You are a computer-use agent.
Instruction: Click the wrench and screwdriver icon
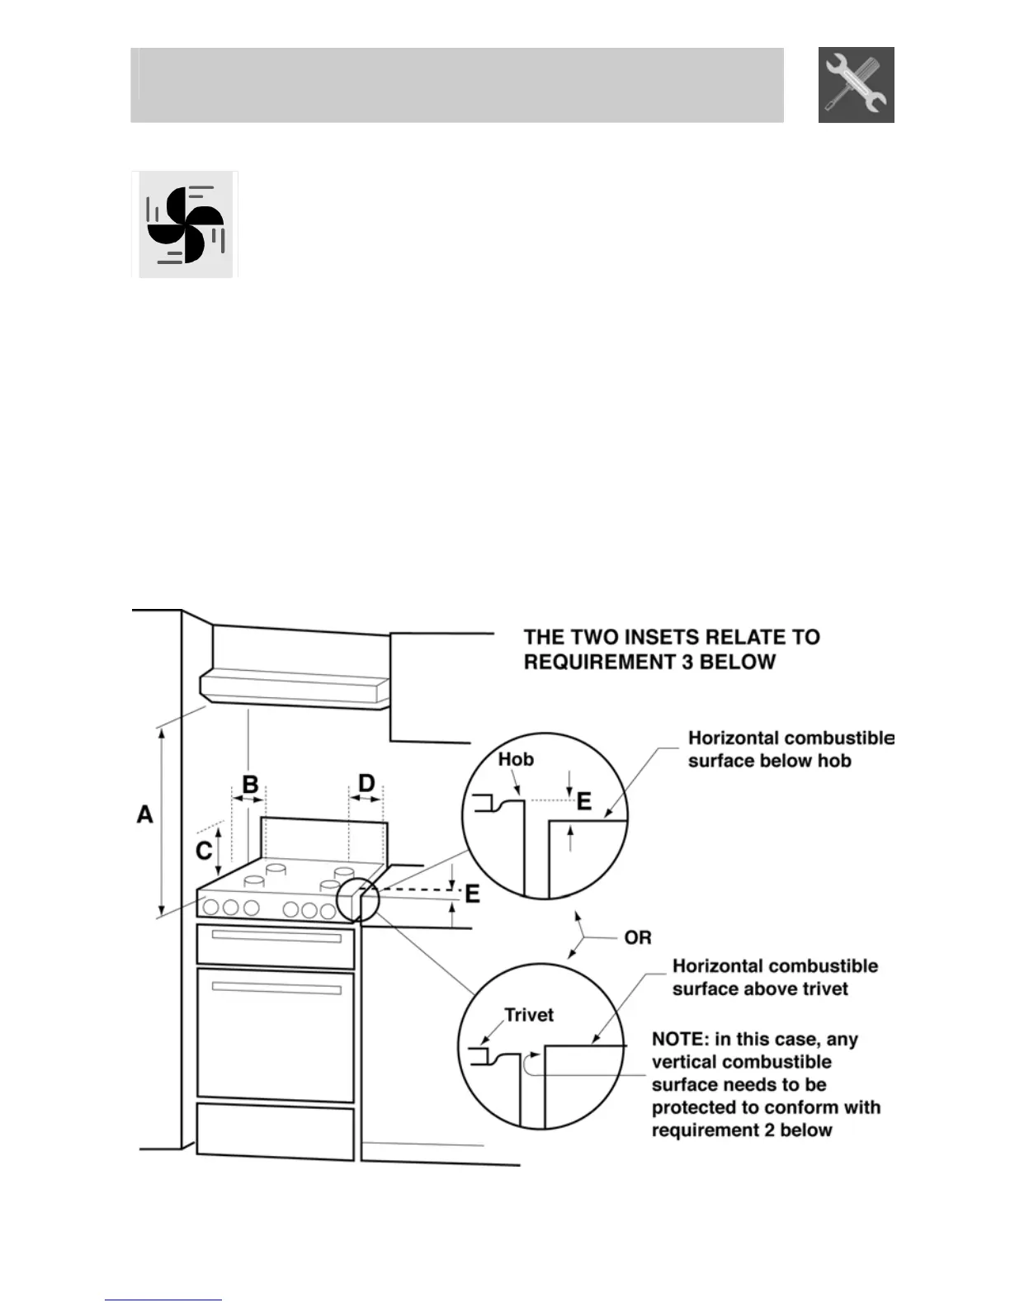pyautogui.click(x=856, y=85)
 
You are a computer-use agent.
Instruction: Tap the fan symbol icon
pyautogui.click(x=185, y=224)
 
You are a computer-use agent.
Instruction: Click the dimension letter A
pyautogui.click(x=145, y=814)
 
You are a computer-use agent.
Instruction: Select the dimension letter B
pyautogui.click(x=249, y=784)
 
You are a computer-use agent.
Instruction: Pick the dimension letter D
pyautogui.click(x=366, y=784)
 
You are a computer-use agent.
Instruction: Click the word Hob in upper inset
pyautogui.click(x=516, y=759)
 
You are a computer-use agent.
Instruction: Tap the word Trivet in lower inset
pyautogui.click(x=529, y=1015)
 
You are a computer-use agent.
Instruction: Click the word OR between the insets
pyautogui.click(x=638, y=937)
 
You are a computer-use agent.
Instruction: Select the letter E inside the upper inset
pyautogui.click(x=584, y=800)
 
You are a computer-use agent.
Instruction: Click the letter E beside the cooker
pyautogui.click(x=473, y=894)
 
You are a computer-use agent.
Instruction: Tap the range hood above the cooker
pyautogui.click(x=295, y=687)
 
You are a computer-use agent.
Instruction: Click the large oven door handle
pyautogui.click(x=276, y=989)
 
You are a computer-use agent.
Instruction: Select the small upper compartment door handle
pyautogui.click(x=276, y=937)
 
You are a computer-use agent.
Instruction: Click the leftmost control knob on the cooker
pyautogui.click(x=210, y=908)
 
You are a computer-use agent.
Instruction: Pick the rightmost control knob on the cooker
pyautogui.click(x=328, y=911)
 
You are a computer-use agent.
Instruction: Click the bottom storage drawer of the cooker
pyautogui.click(x=276, y=1133)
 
